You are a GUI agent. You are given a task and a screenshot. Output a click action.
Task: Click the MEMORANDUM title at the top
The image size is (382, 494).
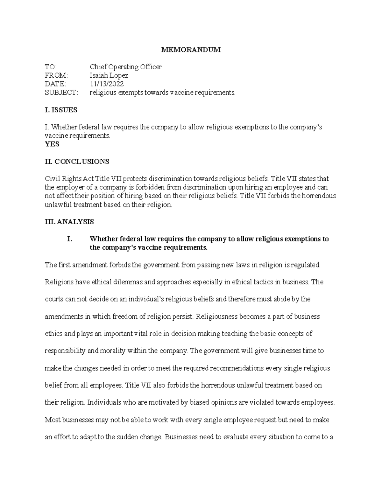point(191,50)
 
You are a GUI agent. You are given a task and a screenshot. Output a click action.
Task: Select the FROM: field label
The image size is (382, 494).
point(56,75)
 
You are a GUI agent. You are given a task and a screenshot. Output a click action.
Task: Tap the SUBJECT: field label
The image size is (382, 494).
point(61,93)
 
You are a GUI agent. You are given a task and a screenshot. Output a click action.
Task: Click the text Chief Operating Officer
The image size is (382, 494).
point(125,67)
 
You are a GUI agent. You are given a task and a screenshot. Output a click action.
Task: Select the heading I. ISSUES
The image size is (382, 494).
point(61,110)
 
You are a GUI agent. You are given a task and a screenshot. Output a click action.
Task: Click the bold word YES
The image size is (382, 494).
point(52,144)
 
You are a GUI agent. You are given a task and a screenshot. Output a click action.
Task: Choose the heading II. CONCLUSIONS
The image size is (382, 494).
point(77,162)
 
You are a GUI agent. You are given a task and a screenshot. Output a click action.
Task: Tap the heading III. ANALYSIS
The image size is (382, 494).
point(69,222)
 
